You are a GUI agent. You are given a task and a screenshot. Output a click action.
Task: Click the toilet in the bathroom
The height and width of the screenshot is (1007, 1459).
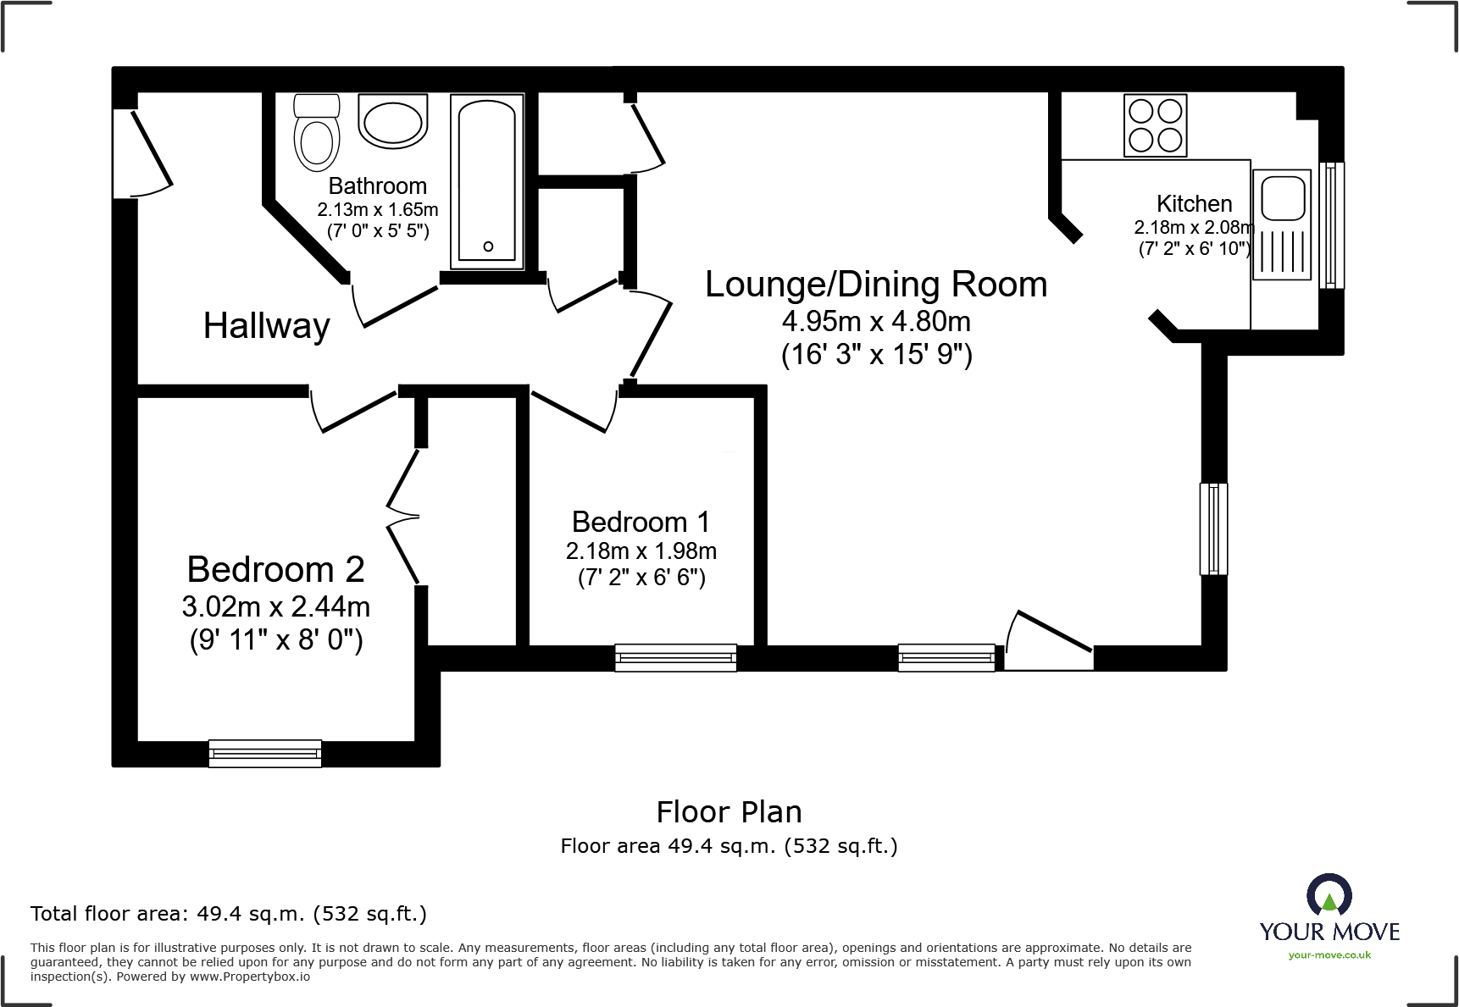click(317, 134)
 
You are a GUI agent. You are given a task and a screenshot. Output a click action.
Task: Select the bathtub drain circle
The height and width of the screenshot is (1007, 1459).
click(488, 246)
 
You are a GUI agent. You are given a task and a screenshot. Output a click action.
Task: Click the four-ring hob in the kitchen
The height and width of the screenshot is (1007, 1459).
click(1155, 125)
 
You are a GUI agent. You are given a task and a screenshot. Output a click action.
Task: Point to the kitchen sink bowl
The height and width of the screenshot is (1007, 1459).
click(1283, 197)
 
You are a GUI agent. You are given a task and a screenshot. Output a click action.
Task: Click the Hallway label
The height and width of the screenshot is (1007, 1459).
click(266, 326)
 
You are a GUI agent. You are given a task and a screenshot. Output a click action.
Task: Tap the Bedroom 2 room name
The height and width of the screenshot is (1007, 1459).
click(275, 569)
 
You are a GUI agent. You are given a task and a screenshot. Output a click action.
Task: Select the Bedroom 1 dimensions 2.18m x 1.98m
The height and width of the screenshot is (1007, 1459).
click(641, 551)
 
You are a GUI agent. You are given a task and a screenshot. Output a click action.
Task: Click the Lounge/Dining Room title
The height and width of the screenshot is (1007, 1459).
click(876, 285)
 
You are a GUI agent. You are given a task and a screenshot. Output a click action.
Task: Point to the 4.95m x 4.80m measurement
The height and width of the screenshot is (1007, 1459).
click(876, 322)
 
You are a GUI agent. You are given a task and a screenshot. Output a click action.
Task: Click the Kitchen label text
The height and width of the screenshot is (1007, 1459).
click(1194, 204)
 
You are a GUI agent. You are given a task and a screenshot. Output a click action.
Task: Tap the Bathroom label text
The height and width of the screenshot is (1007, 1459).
click(377, 186)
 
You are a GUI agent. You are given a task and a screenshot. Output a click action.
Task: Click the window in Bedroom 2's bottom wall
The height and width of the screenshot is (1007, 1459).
click(265, 753)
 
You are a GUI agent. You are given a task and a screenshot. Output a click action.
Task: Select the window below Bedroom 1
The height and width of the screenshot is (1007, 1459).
click(675, 658)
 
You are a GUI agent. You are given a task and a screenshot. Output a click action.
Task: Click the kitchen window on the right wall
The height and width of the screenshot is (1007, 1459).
click(1331, 225)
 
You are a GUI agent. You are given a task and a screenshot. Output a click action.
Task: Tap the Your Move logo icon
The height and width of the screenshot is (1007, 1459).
click(1329, 896)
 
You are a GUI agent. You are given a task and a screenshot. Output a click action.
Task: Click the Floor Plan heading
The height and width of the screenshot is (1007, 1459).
click(729, 812)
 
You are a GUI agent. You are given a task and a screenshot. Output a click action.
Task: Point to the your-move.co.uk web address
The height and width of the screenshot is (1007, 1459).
click(1329, 955)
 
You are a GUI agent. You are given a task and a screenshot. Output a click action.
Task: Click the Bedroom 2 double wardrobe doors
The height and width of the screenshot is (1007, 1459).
click(403, 516)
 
